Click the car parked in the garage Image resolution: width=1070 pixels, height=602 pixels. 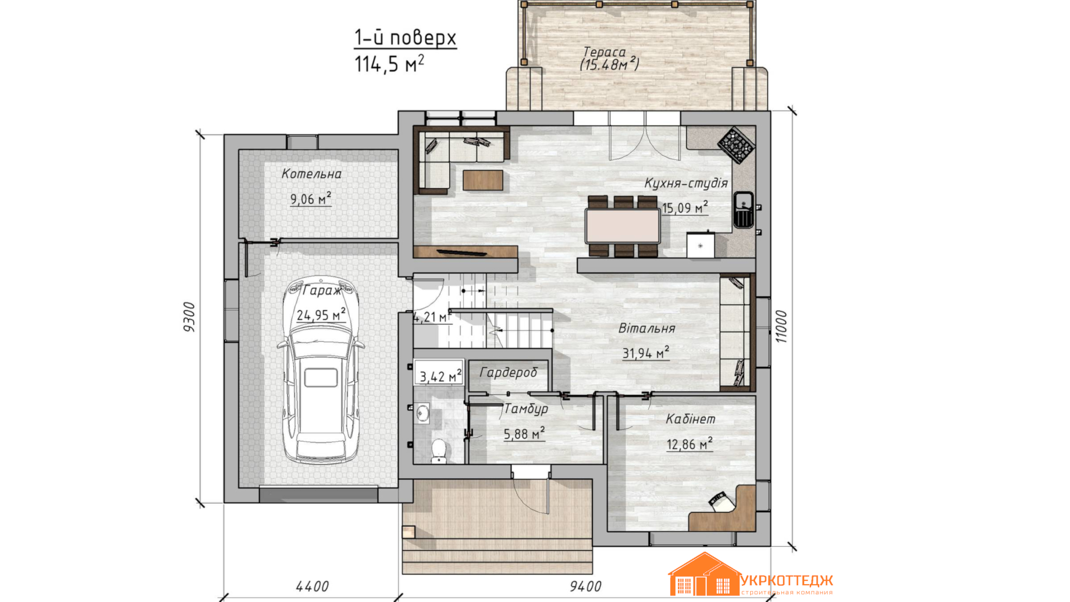pyautogui.click(x=320, y=370)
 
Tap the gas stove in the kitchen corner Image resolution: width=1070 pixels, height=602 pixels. pyautogui.click(x=736, y=145)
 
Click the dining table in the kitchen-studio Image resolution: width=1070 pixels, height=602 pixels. pyautogui.click(x=622, y=226)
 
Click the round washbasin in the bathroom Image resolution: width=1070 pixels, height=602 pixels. pyautogui.click(x=423, y=413)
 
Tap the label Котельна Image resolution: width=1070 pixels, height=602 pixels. pyautogui.click(x=312, y=174)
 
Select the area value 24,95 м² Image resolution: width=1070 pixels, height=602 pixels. pyautogui.click(x=321, y=315)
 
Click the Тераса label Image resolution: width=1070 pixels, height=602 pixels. pyautogui.click(x=605, y=52)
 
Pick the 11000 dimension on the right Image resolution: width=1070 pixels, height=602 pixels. pyautogui.click(x=781, y=327)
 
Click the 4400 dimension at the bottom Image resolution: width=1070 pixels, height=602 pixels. pyautogui.click(x=312, y=586)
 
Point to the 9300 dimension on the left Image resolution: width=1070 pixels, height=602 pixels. pyautogui.click(x=189, y=317)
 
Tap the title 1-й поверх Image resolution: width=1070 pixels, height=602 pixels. pyautogui.click(x=406, y=38)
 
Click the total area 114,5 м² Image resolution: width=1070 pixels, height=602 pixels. pyautogui.click(x=390, y=64)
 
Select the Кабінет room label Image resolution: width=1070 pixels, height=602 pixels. pyautogui.click(x=690, y=419)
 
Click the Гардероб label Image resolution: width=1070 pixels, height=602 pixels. pyautogui.click(x=508, y=372)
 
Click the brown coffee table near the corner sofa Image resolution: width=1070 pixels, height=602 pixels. pyautogui.click(x=483, y=180)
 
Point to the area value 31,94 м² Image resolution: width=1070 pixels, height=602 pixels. pyautogui.click(x=646, y=353)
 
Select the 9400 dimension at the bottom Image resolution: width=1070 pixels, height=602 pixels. pyautogui.click(x=586, y=586)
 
